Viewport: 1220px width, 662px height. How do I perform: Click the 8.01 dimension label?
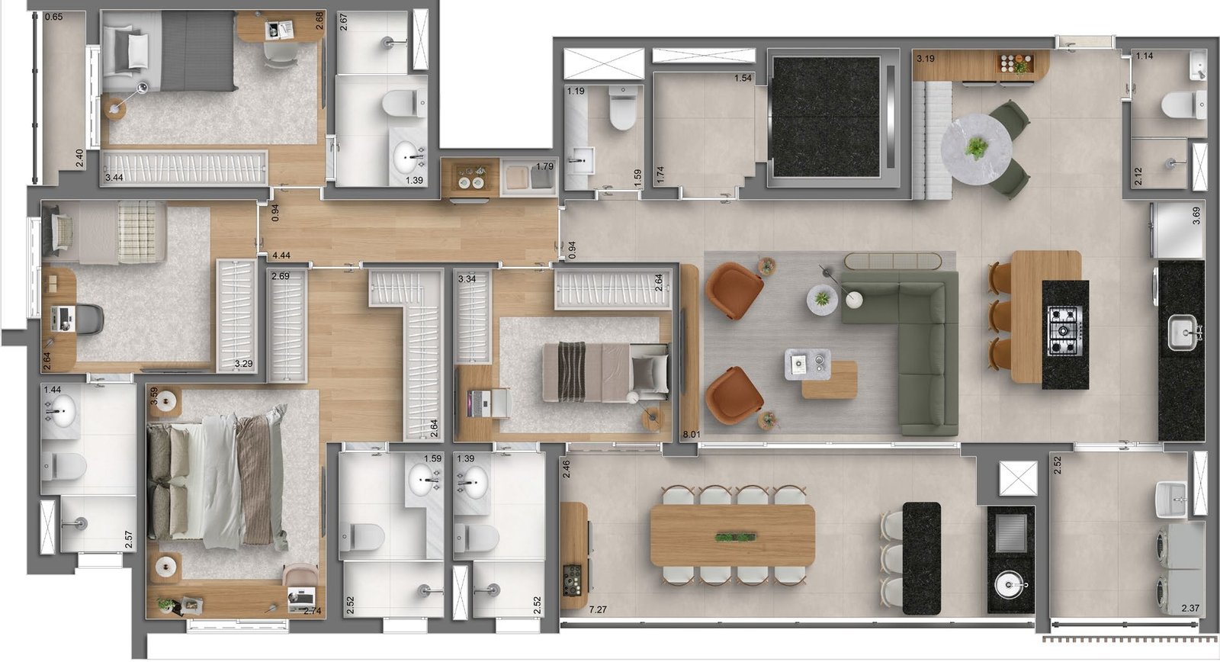click(691, 434)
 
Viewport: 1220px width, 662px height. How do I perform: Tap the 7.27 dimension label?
click(598, 609)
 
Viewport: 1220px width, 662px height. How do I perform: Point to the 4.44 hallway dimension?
click(281, 255)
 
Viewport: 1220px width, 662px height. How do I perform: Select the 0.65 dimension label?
click(53, 17)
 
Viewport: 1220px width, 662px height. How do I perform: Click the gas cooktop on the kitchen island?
click(1064, 331)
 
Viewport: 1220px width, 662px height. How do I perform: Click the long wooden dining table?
click(733, 535)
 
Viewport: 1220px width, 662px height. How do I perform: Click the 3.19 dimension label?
click(926, 58)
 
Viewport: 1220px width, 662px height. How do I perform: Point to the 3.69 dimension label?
click(1196, 215)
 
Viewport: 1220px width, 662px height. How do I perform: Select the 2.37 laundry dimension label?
click(1190, 608)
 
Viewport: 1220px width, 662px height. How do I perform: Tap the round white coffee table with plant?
click(822, 299)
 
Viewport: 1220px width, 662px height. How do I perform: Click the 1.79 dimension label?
click(544, 166)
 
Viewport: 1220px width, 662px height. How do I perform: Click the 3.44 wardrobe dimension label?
click(114, 178)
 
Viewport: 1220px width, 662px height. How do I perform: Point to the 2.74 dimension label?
click(312, 611)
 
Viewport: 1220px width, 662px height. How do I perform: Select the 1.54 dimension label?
click(743, 78)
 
